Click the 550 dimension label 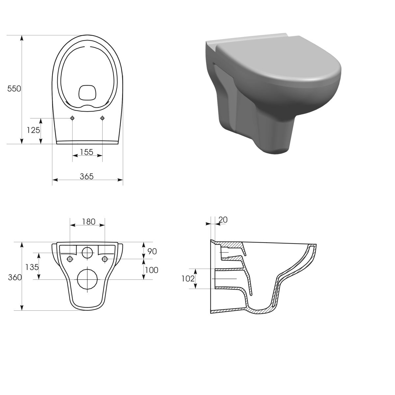(14, 89)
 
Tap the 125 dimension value (33, 130)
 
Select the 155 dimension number (87, 152)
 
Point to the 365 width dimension (87, 176)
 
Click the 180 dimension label (89, 222)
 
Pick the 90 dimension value (152, 251)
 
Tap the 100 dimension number (151, 270)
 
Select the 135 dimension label (32, 267)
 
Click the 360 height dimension (15, 277)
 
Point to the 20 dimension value (223, 220)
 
